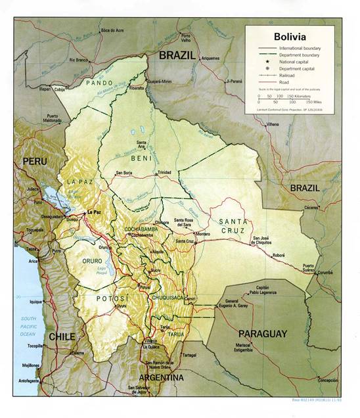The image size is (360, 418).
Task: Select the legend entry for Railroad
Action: [x=286, y=75]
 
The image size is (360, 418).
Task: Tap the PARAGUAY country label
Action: [x=262, y=334]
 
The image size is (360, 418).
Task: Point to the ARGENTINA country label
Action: [x=161, y=378]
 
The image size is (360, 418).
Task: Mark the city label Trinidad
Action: [x=164, y=172]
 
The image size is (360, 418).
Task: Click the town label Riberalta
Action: [x=137, y=87]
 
